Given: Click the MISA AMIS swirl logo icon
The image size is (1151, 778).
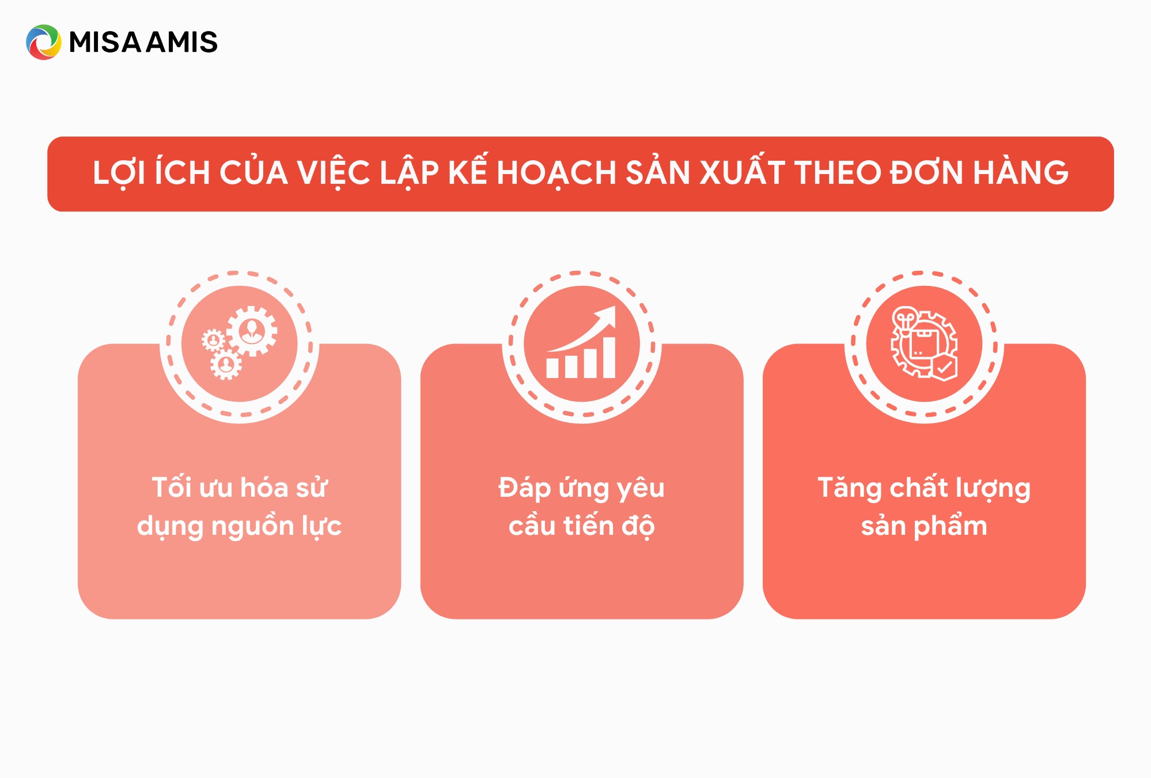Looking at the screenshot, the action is [x=43, y=42].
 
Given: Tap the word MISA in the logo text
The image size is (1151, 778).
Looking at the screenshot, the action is [x=105, y=42].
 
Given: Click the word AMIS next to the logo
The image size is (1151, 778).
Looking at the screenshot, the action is [x=182, y=42].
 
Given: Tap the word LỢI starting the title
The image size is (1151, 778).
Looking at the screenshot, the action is [x=119, y=172].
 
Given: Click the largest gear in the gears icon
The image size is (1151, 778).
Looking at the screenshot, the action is [x=252, y=331].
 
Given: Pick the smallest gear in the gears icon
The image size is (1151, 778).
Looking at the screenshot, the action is [x=213, y=341].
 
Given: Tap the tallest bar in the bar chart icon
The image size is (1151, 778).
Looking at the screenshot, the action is [x=609, y=357].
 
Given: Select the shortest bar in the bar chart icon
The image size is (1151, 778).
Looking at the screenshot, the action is [x=552, y=368].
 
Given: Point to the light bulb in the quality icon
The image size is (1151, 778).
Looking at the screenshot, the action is [x=905, y=319].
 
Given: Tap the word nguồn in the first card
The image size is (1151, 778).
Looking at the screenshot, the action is [x=252, y=525].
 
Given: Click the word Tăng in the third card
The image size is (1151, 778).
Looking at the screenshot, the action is [x=850, y=488].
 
